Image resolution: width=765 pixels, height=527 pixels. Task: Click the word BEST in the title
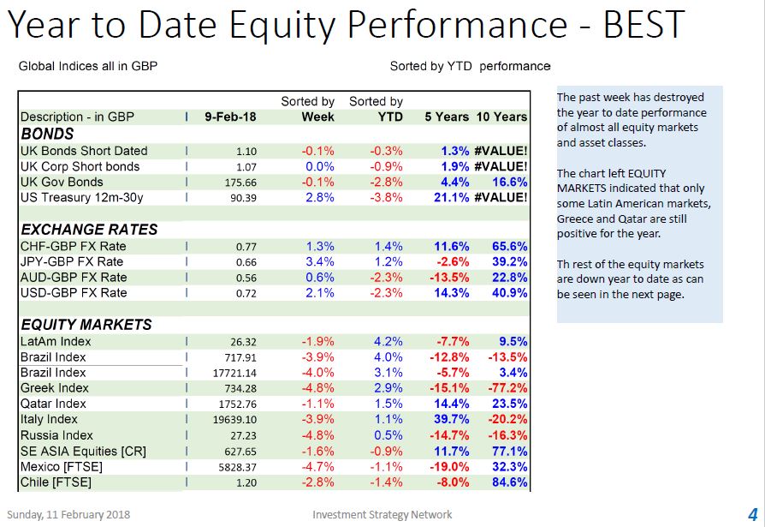644,24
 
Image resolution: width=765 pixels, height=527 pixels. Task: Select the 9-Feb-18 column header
230,117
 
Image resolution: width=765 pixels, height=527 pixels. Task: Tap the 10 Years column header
501,117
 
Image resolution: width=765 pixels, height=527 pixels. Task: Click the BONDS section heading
47,134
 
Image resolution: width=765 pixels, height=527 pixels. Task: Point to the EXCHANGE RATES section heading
89,229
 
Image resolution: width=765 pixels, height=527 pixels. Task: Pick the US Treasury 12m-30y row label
82,197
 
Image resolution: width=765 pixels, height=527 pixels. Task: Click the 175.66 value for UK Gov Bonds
240,183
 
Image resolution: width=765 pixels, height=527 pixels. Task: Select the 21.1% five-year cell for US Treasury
451,197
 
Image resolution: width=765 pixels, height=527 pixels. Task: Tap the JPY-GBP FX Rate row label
72,261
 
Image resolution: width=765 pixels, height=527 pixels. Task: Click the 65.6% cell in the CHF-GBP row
509,246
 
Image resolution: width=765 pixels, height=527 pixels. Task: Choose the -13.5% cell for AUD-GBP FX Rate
449,277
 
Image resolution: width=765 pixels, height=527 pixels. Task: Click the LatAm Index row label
56,341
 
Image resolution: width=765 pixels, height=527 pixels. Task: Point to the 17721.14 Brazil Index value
234,373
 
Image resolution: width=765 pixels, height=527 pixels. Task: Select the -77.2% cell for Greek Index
507,388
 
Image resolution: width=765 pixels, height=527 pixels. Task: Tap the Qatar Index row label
53,404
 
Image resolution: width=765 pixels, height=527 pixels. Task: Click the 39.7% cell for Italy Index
451,419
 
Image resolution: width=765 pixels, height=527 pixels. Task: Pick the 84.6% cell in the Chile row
509,482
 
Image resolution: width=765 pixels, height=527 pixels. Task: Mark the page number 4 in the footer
753,514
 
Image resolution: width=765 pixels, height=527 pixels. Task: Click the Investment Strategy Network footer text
382,514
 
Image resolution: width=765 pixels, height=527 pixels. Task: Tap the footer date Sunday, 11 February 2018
68,514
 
